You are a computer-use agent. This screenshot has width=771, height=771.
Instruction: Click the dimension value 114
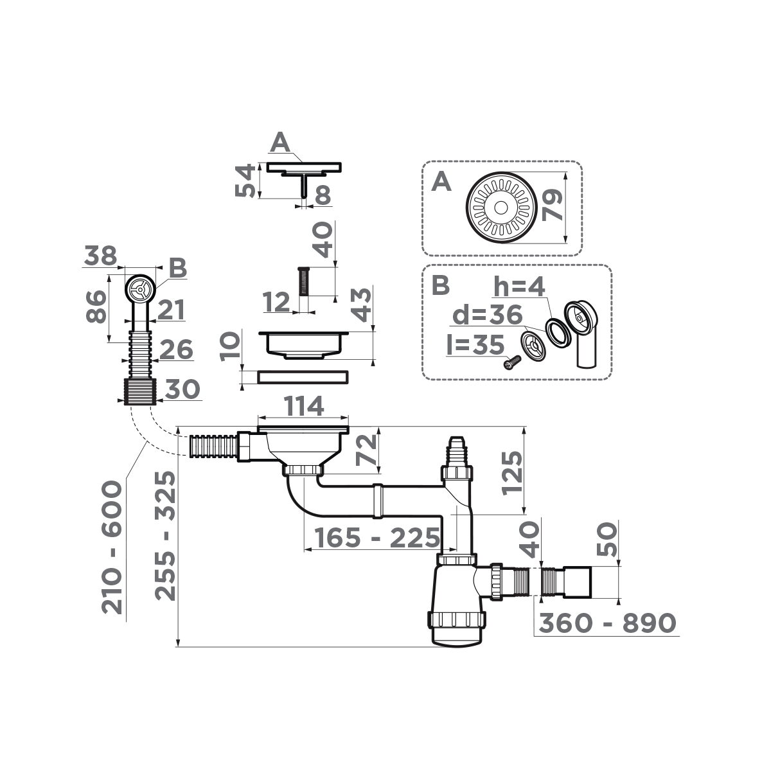304,407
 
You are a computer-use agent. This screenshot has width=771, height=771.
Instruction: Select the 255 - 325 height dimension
166,535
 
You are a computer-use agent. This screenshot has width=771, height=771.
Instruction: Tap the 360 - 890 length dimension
607,623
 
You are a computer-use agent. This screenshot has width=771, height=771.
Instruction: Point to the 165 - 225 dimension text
373,538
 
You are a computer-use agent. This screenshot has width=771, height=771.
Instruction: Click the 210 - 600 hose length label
113,547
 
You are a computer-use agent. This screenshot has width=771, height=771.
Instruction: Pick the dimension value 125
513,472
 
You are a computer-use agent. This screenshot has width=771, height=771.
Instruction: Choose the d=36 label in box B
486,315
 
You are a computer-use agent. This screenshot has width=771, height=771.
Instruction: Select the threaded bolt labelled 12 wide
304,281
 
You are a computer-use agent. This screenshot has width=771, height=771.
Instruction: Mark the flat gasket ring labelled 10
303,377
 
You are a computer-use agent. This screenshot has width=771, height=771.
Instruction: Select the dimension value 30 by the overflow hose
182,389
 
